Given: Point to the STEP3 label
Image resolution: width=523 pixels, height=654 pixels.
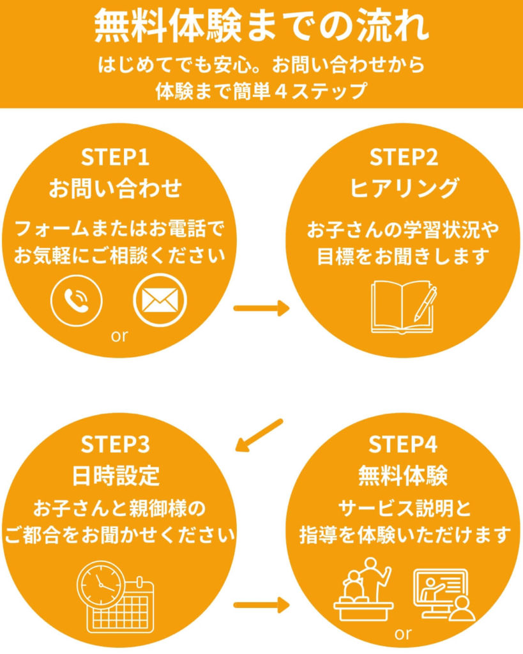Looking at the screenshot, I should [116, 445].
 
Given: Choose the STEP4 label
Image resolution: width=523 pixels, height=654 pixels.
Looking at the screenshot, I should [404, 445].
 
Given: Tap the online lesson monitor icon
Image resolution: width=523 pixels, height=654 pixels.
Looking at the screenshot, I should [445, 594].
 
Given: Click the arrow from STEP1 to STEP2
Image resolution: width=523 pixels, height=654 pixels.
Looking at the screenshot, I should [261, 309].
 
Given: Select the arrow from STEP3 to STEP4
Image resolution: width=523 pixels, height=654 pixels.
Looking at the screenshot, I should [261, 604].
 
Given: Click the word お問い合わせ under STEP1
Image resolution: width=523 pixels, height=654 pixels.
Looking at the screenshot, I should [116, 188].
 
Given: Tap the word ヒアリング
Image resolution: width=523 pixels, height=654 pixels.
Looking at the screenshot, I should [404, 188].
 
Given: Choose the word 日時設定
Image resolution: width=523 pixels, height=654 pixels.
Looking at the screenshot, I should [116, 476].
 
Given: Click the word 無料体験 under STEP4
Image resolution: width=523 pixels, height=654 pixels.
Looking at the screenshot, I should [404, 476].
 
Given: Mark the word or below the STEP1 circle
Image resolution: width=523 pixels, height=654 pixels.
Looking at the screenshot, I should [119, 336].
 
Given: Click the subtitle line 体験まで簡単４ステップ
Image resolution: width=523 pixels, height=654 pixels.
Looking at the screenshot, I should [261, 90].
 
